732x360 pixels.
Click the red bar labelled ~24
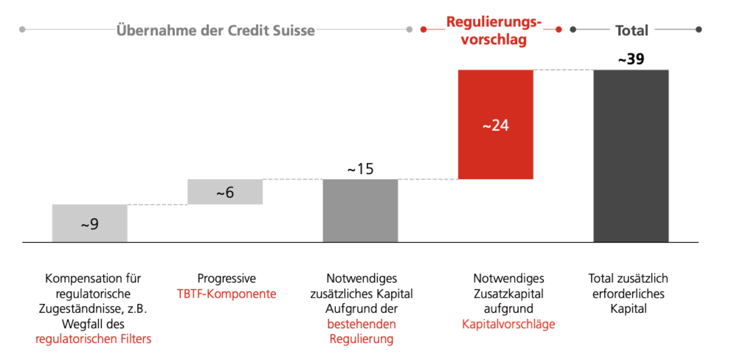coord(495,124)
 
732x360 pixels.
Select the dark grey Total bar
coord(631,156)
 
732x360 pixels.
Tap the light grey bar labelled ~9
coord(89,223)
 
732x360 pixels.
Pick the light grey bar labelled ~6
coord(225,192)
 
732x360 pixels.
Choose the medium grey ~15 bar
coord(360,210)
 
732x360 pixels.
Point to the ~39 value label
coord(631,59)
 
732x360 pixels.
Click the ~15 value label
coord(360,169)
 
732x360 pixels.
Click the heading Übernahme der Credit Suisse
coord(215,30)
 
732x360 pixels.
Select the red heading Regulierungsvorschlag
coord(494,31)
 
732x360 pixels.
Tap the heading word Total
coord(632,30)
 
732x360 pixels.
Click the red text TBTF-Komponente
coord(226,294)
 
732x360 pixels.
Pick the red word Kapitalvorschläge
coord(508,324)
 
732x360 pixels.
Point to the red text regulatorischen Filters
coord(93,339)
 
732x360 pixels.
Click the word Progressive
coord(227,278)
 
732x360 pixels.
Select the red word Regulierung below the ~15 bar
coord(361,339)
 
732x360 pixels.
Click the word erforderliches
coord(628,294)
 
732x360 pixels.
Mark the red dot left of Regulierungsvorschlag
coord(423,30)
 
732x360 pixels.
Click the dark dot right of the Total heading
coord(699,30)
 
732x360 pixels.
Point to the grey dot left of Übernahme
coord(22,30)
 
